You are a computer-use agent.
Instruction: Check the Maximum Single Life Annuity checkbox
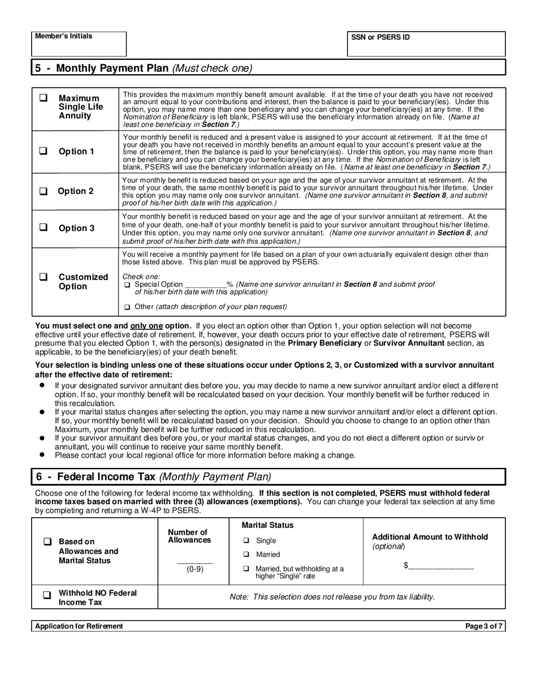(x=43, y=98)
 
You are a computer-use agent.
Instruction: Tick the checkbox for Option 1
(x=43, y=151)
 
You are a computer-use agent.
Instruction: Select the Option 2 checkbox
(x=43, y=191)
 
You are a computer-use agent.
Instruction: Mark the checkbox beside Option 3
(x=43, y=227)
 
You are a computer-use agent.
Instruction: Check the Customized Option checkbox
(x=43, y=277)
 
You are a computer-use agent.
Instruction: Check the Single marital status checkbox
(x=246, y=541)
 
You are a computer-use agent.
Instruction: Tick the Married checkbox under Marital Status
(x=246, y=555)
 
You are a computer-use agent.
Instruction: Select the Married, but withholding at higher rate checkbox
(x=246, y=569)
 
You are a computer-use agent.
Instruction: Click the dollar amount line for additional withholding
(x=441, y=565)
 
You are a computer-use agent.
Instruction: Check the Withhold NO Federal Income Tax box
(x=47, y=595)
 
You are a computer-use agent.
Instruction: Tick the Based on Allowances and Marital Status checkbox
(x=47, y=542)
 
